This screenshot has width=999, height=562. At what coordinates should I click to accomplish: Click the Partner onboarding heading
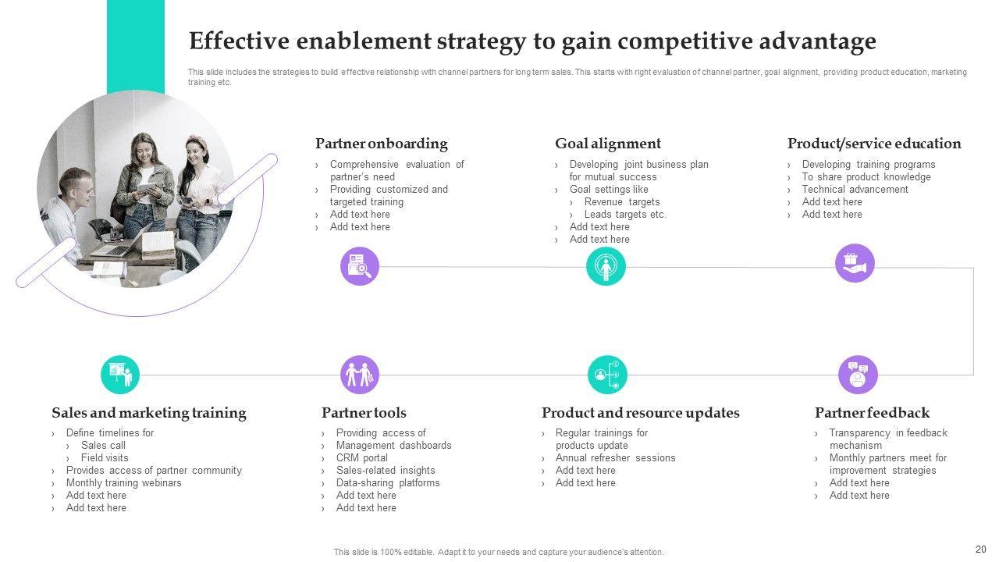coord(381,144)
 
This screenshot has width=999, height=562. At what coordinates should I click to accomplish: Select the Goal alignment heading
coord(607,144)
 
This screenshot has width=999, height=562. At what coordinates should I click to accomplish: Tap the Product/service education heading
coord(873,144)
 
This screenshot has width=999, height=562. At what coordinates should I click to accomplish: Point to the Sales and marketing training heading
coord(148,413)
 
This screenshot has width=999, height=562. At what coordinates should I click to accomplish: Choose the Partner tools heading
coord(364,413)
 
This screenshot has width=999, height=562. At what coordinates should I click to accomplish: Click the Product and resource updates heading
coord(640,413)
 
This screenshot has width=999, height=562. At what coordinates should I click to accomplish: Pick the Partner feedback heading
coord(872,413)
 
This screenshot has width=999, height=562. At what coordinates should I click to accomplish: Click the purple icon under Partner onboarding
coord(360,267)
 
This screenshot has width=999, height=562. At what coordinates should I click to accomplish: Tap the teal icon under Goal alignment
coord(606,267)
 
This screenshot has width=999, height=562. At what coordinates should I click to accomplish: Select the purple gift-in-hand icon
coord(855,263)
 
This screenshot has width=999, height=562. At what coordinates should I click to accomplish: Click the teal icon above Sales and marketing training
coord(120,375)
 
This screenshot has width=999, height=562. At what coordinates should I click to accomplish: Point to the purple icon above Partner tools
coord(360,375)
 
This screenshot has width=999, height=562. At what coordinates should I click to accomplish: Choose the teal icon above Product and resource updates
coord(607,375)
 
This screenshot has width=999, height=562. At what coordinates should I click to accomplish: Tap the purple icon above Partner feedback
coord(858,375)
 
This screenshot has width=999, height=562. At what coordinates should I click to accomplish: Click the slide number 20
coord(981,549)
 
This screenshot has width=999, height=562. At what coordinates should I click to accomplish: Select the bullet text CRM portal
coord(361,458)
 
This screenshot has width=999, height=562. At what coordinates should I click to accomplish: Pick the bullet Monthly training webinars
coord(123,483)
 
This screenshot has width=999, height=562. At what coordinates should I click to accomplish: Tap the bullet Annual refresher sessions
coord(615,458)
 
